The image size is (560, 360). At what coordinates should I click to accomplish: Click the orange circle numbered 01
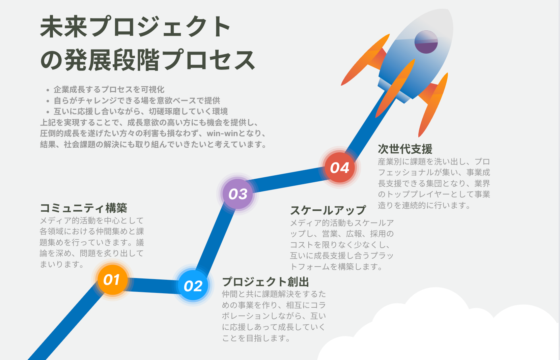[112, 280]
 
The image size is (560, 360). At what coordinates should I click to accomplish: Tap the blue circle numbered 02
[193, 286]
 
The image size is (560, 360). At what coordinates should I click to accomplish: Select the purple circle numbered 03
[238, 194]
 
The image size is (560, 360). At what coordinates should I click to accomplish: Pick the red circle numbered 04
[340, 168]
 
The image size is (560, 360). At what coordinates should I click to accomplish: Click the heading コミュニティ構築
[83, 208]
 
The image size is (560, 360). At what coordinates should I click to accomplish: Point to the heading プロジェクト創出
[265, 282]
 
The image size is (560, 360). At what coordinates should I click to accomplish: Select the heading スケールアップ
[328, 210]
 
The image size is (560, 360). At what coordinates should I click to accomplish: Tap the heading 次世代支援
[405, 149]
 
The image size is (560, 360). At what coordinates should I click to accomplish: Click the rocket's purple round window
[426, 42]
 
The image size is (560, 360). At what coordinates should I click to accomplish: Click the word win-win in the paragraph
[222, 133]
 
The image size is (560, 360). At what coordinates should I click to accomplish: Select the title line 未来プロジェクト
[135, 27]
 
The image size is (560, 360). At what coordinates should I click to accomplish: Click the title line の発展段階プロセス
[147, 60]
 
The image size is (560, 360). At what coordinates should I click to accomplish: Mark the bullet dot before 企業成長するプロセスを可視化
[48, 90]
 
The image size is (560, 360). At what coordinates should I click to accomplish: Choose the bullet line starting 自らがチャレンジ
[137, 100]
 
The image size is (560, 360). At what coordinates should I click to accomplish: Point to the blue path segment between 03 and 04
[288, 180]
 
